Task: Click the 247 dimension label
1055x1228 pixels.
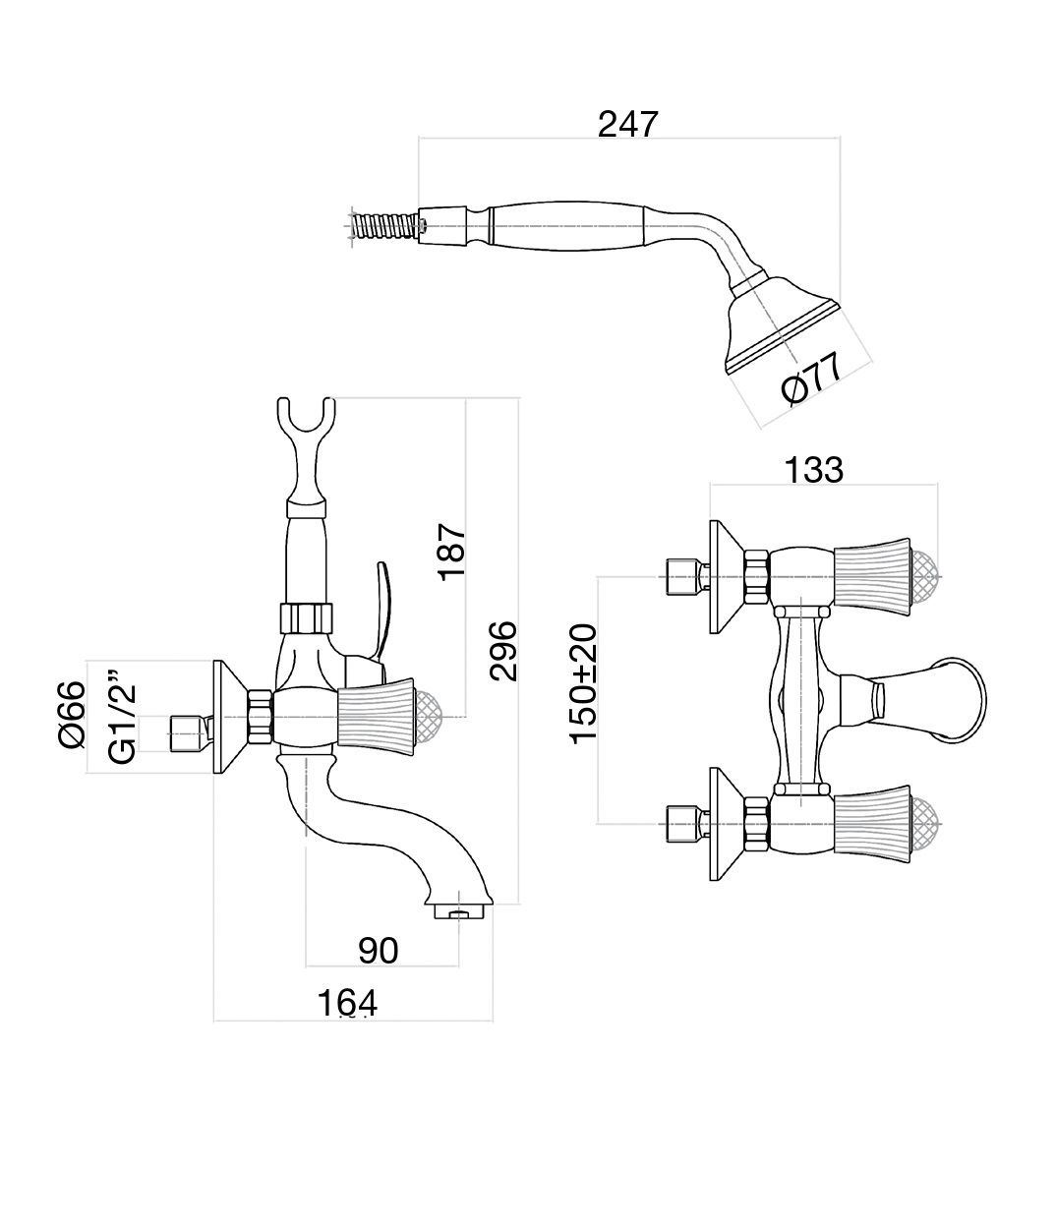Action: tap(627, 125)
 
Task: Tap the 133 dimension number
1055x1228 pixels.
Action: tap(813, 470)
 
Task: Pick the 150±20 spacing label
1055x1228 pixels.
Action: tap(582, 683)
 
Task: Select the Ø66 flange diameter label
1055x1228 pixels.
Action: tap(73, 715)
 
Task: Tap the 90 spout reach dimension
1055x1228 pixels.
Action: tap(378, 950)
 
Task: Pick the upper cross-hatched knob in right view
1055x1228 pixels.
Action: tap(925, 574)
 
